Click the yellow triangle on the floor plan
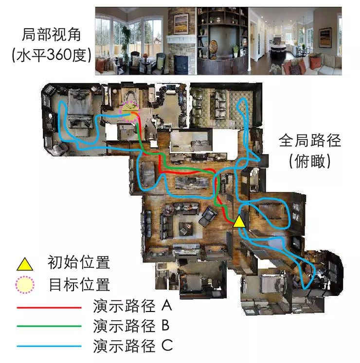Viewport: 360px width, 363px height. (x=238, y=222)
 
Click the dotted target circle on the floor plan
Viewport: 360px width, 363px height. (x=130, y=112)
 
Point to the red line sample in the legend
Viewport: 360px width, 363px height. (x=49, y=308)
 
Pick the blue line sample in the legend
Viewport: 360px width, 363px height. (x=49, y=346)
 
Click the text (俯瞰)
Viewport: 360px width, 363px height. (x=310, y=162)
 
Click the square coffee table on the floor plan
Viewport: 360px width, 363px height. (x=187, y=226)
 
